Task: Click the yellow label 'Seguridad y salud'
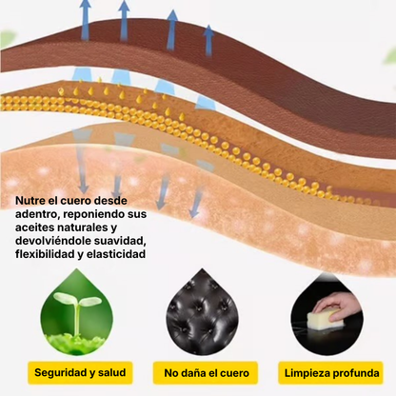[x=80, y=373]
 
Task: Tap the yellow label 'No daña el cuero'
[x=206, y=373]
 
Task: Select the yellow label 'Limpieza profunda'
[x=331, y=373]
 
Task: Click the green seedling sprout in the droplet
[x=77, y=311]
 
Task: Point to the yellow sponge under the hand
[x=326, y=318]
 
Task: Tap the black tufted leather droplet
[x=202, y=312]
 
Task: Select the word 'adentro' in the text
[x=36, y=214]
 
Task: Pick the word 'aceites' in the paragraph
[x=34, y=228]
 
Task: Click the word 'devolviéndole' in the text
[x=53, y=241]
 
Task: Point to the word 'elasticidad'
[x=116, y=254]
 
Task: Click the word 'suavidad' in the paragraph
[x=120, y=241]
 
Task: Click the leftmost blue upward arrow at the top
[x=85, y=20]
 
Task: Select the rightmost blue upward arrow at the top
[x=208, y=41]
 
